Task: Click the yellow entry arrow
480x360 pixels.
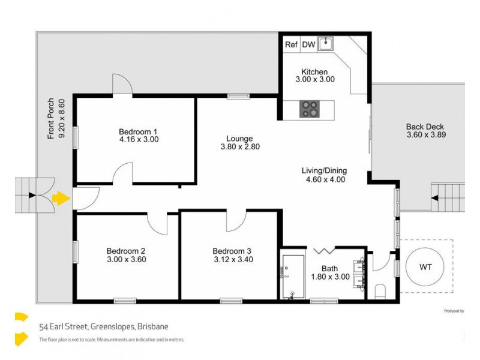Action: pos(60,197)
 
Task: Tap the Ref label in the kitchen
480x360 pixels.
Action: pos(291,44)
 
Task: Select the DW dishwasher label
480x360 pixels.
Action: pos(308,44)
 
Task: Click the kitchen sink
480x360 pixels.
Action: pos(326,43)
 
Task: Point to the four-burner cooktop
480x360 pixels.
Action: pos(310,109)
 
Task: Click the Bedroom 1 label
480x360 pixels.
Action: pos(137,131)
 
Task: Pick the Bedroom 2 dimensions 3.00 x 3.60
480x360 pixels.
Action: pos(126,260)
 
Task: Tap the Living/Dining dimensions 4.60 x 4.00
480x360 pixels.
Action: pos(324,179)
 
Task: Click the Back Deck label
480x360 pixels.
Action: pos(425,127)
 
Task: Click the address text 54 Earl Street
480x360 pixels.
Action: pos(103,327)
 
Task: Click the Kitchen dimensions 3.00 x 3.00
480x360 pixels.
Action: pos(315,79)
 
